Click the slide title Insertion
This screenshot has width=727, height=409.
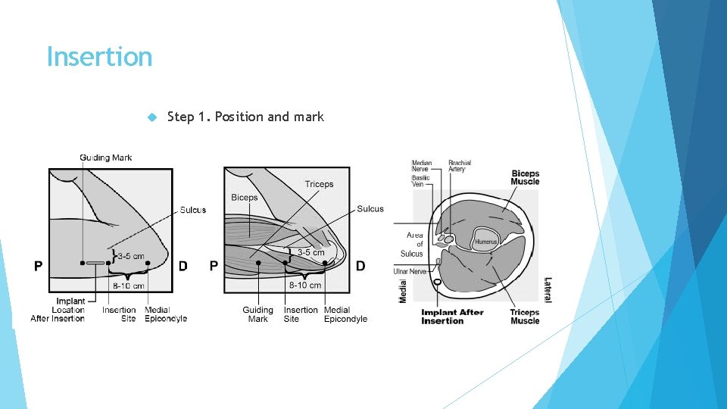point(99,57)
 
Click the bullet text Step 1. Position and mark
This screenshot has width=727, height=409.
point(245,117)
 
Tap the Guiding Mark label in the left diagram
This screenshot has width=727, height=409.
point(106,158)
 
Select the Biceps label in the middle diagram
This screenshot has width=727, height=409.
point(245,198)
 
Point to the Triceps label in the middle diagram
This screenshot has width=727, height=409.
point(319,184)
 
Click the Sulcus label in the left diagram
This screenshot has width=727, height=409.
point(193,210)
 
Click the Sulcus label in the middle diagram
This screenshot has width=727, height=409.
point(370,209)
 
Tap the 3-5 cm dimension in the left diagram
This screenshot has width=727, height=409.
point(130,257)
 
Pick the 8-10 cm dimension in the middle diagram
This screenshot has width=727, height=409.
point(305,286)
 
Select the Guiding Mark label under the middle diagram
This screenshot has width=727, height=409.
point(257,314)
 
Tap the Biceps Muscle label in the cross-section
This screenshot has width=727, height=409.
point(525,177)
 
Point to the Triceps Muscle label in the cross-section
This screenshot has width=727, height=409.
point(525,317)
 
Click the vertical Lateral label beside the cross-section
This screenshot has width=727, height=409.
point(548,290)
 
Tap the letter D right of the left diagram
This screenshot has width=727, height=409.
point(183,266)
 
